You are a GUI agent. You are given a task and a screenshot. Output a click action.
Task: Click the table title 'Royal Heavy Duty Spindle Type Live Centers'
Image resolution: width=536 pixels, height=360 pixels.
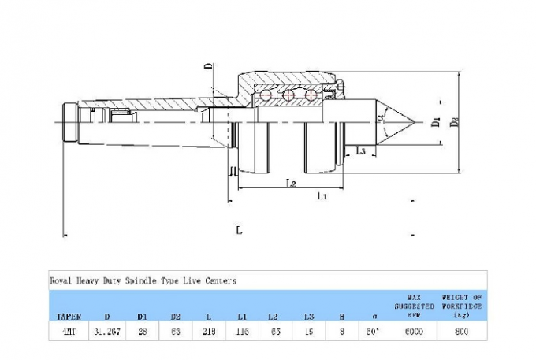pos(143,280)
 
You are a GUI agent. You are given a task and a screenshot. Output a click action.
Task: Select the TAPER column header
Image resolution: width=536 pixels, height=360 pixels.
pos(68,316)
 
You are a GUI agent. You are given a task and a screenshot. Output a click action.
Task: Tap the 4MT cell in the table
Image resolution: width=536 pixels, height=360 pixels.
pos(68,332)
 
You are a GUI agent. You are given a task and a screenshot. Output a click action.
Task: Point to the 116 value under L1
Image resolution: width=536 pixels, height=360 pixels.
pos(242,332)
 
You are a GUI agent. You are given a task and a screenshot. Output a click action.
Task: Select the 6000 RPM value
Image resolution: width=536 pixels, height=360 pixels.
pos(415,332)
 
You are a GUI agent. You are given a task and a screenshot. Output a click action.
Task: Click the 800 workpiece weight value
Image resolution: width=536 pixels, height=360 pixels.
pos(462,332)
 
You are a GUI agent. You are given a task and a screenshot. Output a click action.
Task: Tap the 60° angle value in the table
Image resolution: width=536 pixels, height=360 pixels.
pos(374,332)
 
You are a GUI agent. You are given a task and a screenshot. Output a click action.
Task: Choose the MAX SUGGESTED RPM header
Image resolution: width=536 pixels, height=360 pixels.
pos(415,306)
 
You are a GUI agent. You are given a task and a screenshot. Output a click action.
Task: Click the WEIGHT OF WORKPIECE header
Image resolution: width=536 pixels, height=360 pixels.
pos(462,306)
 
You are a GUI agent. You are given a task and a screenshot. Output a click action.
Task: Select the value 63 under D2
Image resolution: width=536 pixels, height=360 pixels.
pos(175,332)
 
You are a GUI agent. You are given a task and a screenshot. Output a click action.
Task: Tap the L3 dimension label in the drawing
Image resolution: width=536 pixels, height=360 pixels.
pos(361,151)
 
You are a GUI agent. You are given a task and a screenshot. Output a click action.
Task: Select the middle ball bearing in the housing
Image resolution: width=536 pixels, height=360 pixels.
pos(288,96)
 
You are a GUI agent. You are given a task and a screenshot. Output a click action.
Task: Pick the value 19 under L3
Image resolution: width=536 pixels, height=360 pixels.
pos(309,332)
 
